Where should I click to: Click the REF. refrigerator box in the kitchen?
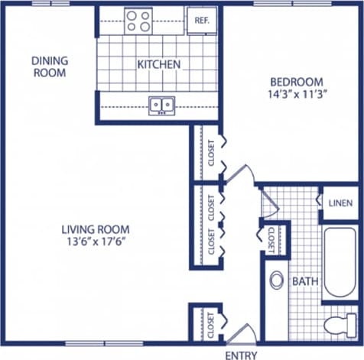click(203, 21)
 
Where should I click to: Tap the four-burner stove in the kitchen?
click(138, 21)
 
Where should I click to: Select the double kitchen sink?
click(161, 103)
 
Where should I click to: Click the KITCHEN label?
click(159, 64)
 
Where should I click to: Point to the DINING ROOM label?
click(49, 66)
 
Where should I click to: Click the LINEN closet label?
click(340, 203)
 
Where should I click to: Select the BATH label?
click(304, 282)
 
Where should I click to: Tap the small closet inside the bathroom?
click(271, 239)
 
